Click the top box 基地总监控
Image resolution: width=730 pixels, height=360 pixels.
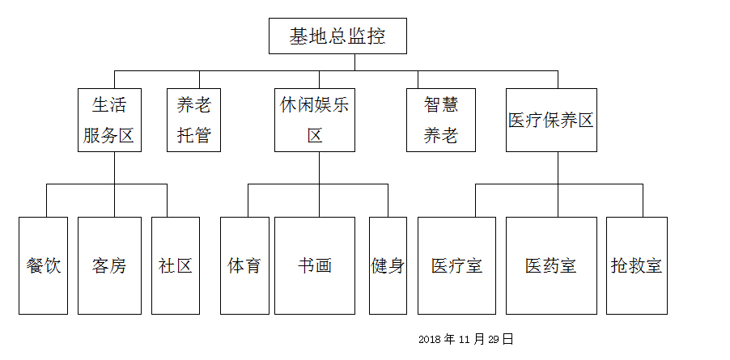tap(337, 36)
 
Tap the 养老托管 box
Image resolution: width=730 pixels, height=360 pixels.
tap(193, 120)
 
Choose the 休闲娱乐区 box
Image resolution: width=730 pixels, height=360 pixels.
tap(315, 120)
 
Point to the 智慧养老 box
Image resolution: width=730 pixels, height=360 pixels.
tap(440, 120)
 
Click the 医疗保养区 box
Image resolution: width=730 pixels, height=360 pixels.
tap(551, 120)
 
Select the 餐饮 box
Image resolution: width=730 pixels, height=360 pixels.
tap(43, 265)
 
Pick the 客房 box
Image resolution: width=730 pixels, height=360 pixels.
tap(108, 265)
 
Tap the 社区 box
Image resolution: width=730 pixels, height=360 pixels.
tap(175, 265)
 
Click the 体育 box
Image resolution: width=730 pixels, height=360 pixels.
tap(244, 265)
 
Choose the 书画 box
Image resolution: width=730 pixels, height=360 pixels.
tap(314, 265)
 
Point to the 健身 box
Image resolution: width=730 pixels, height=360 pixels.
tap(388, 265)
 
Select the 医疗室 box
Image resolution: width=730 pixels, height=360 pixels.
tap(456, 265)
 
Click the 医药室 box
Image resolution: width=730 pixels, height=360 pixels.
tap(550, 265)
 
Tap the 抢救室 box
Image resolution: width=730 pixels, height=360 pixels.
tap(636, 265)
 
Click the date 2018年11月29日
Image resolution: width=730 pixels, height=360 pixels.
tap(466, 339)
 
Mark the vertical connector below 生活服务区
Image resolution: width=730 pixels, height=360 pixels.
tap(114, 167)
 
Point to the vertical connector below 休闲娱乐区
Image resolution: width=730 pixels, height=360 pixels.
tap(319, 167)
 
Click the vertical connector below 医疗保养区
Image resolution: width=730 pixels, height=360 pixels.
tap(558, 167)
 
